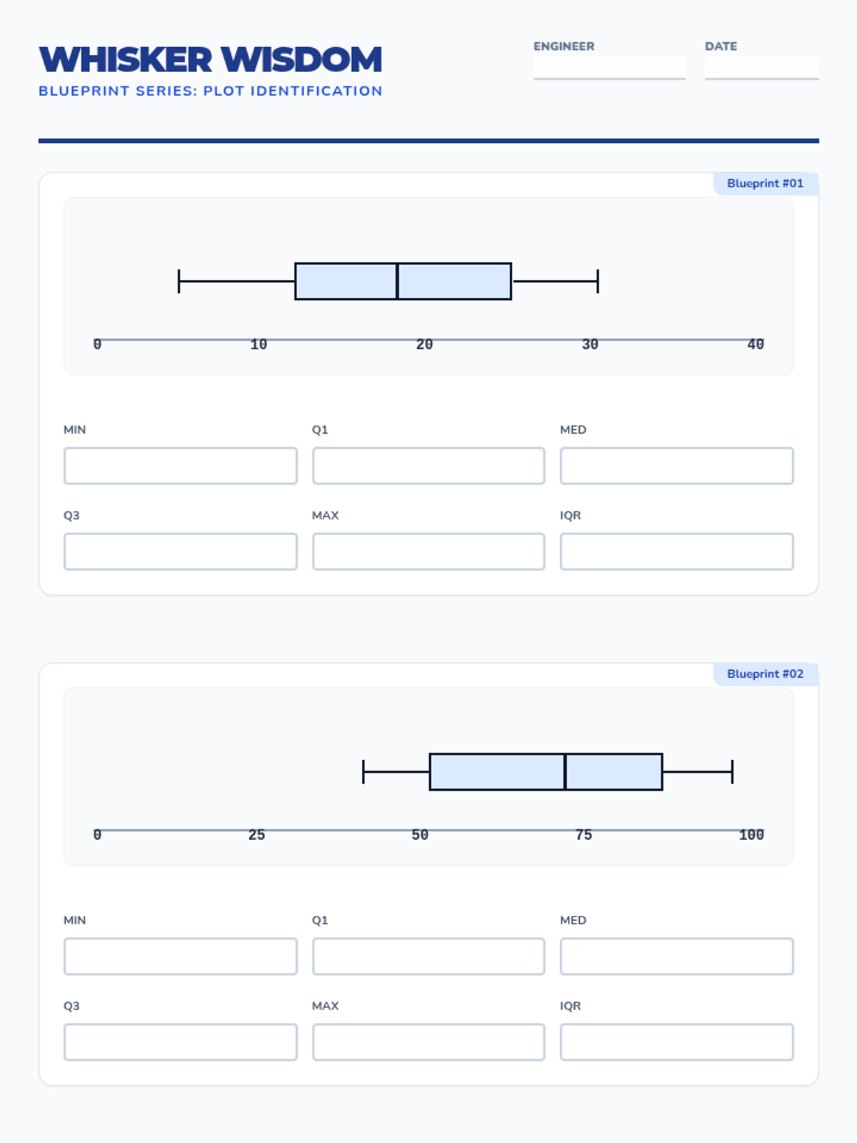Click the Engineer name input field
pos(609,68)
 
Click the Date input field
pos(762,68)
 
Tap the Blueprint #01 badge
pos(766,184)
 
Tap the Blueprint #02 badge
pos(766,674)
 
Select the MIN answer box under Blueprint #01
pos(181,466)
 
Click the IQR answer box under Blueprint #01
pos(677,551)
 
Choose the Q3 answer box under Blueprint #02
pos(181,1042)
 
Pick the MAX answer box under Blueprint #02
pos(428,1042)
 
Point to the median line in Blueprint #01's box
pos(397,281)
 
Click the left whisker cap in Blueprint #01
pos(179,281)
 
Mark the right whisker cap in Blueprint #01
pos(598,281)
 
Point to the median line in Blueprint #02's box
pos(565,772)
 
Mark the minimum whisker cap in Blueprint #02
pos(364,772)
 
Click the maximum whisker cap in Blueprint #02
pos(732,772)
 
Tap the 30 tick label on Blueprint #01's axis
pos(590,345)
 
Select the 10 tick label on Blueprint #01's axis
pos(259,345)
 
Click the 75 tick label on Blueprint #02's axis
pos(583,835)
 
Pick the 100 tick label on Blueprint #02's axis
pos(751,835)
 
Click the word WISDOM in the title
pos(301,59)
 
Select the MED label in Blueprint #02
pos(573,920)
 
